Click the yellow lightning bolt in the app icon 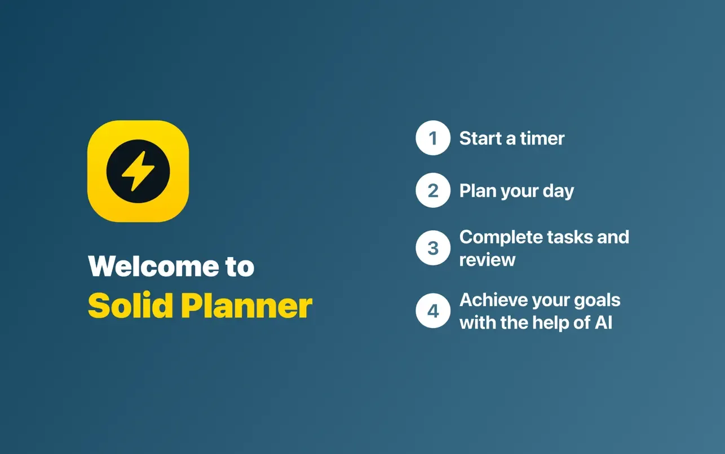tap(138, 171)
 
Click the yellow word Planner tap(246, 305)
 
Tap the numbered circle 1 tap(433, 138)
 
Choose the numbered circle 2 tap(433, 190)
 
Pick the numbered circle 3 tap(433, 248)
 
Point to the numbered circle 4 tap(433, 311)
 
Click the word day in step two tap(558, 191)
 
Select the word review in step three tap(487, 260)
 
